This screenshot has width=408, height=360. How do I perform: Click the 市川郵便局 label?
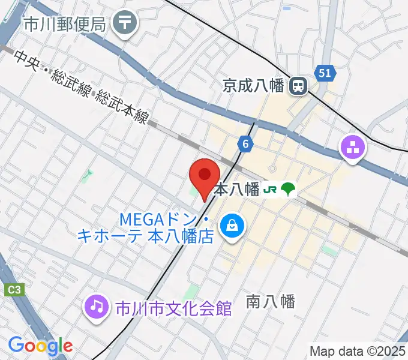click(65, 24)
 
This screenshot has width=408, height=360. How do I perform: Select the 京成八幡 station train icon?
click(298, 86)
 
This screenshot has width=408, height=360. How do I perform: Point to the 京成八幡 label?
click(259, 86)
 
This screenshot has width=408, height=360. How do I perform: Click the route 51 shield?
click(325, 73)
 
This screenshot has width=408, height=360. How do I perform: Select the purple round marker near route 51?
click(352, 148)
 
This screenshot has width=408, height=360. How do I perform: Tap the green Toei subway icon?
click(289, 190)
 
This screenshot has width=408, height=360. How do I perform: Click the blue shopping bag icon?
click(231, 226)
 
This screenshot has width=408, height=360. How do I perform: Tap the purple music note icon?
click(96, 307)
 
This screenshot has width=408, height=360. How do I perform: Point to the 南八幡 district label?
click(271, 302)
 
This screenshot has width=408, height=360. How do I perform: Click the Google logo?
click(40, 346)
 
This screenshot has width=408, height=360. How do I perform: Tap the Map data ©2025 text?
click(356, 351)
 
